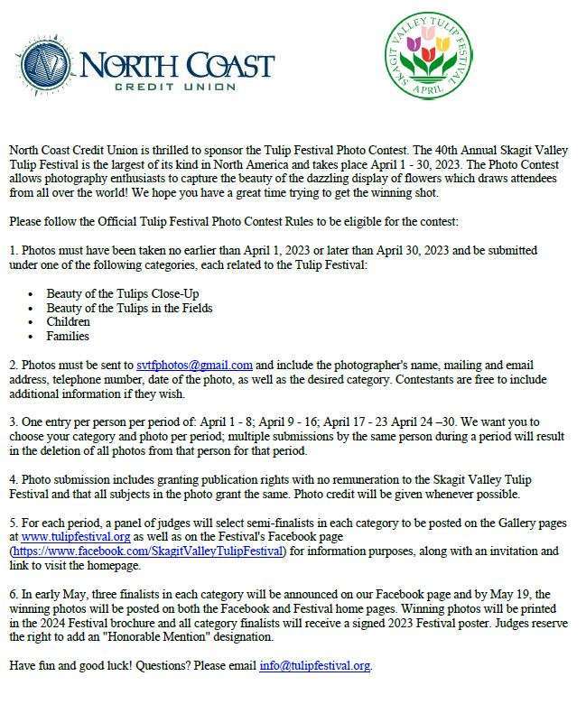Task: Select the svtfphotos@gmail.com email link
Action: click(x=194, y=366)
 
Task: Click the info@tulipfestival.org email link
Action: click(x=315, y=666)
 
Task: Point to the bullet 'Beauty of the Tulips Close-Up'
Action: click(x=123, y=294)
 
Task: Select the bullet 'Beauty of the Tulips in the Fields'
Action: click(x=129, y=308)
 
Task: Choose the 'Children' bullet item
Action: click(x=69, y=321)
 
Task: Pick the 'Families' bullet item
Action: click(x=68, y=336)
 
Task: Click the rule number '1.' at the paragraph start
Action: click(x=14, y=250)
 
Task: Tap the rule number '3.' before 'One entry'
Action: click(x=14, y=422)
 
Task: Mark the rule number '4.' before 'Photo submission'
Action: click(x=14, y=479)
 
